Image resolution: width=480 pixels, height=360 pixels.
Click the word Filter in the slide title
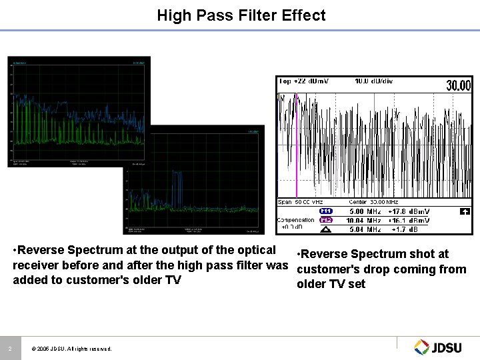coord(258,15)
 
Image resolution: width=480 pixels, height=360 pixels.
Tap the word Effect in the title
coord(303,15)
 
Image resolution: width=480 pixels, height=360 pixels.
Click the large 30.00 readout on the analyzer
coord(458,85)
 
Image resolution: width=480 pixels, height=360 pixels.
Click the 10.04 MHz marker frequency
coord(364,221)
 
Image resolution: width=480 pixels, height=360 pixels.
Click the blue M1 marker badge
coord(326,211)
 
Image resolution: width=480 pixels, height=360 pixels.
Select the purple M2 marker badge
coord(326,220)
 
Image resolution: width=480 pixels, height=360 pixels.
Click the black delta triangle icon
coord(326,229)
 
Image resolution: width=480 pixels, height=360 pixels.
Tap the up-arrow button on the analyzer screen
coord(465,211)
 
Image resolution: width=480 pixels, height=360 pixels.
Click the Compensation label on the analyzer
coord(295,220)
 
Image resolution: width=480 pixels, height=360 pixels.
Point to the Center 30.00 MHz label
coord(373,202)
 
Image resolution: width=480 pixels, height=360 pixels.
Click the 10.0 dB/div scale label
coord(373,81)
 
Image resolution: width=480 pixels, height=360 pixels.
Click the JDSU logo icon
coord(422,347)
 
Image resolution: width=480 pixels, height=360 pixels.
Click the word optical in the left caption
coord(253,251)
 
